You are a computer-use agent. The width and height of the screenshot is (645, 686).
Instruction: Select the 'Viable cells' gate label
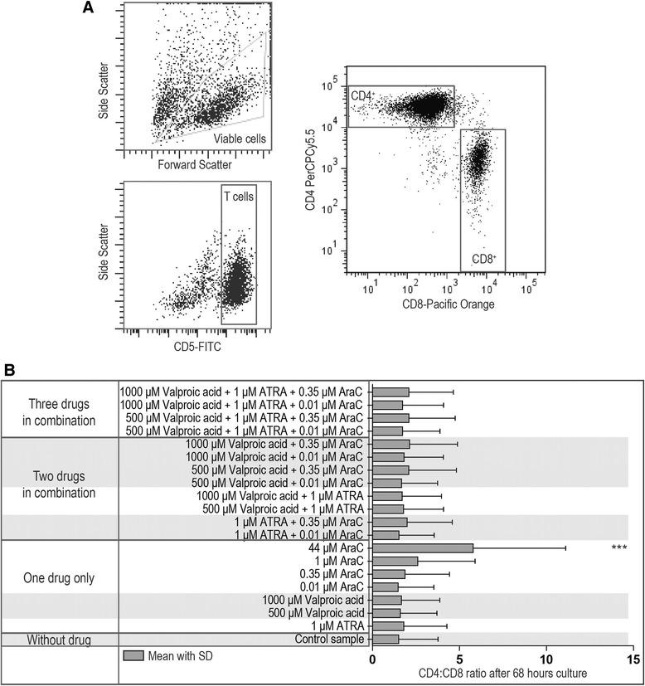pos(240,139)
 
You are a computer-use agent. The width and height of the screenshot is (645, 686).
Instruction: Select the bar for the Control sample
pos(386,640)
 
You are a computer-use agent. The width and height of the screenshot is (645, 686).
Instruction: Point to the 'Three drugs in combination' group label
pos(61,412)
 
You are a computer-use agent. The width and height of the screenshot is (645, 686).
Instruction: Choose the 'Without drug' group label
pos(61,640)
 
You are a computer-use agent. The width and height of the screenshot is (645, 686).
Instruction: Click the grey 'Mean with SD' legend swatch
pos(133,656)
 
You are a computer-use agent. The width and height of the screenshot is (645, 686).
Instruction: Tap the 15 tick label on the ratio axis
pos(633,659)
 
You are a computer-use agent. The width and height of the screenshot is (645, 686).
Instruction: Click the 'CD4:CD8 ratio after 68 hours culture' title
pos(500,674)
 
